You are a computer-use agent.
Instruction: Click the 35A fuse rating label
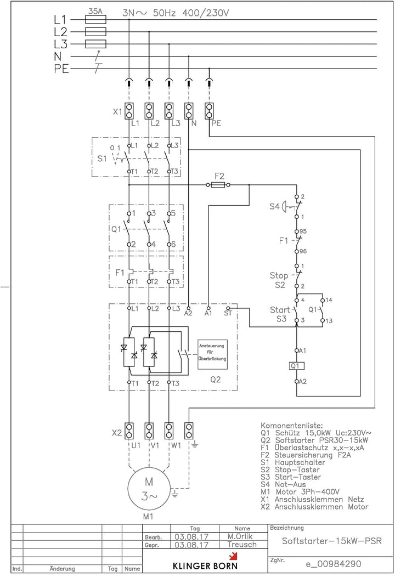coord(95,10)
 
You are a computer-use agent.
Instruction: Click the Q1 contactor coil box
coord(297,365)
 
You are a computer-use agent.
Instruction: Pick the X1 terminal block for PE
coord(208,111)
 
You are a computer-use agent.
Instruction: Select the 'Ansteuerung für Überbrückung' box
coord(212,354)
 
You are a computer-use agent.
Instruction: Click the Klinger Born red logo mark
coord(233,556)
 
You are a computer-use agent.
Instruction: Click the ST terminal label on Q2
coord(228,314)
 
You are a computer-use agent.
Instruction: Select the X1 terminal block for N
coord(189,111)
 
